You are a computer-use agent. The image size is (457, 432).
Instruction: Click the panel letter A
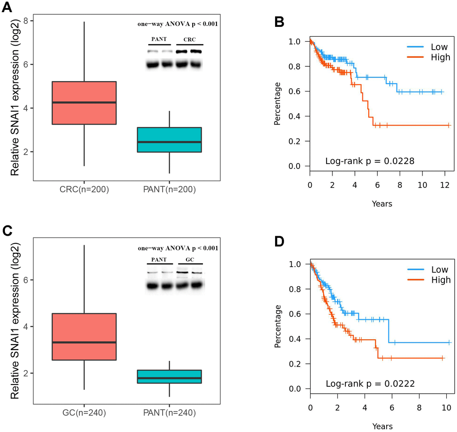pyautogui.click(x=7, y=7)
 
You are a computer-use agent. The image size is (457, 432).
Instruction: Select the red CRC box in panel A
pyautogui.click(x=84, y=103)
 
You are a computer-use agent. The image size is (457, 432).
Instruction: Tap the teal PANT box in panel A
pyautogui.click(x=169, y=140)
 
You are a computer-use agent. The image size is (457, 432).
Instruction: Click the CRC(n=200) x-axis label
pyautogui.click(x=84, y=190)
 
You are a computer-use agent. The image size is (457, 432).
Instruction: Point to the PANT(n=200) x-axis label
pyautogui.click(x=169, y=190)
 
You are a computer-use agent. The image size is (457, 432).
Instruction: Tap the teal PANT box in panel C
pyautogui.click(x=169, y=376)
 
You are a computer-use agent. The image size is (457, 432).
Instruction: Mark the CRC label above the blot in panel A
pyautogui.click(x=190, y=39)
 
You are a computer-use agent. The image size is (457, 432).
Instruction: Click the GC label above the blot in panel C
pyautogui.click(x=190, y=259)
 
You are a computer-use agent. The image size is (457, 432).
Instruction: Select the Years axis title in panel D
pyautogui.click(x=382, y=426)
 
